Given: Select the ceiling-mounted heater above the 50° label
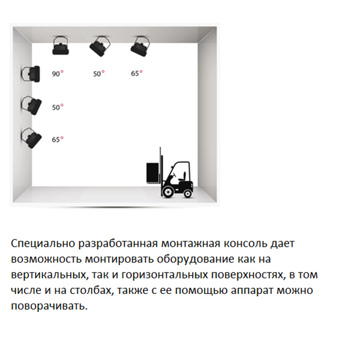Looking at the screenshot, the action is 100,46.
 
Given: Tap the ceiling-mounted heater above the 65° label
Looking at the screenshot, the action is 140,46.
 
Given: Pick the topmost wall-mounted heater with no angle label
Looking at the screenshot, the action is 31,74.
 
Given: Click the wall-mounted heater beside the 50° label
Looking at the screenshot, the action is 31,106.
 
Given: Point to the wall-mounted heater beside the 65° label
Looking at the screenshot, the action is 31,138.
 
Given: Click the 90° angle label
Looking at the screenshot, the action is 58,73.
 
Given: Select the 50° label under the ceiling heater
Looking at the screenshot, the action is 99,73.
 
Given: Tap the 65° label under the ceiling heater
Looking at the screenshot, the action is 137,73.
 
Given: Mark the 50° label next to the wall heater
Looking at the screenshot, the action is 58,107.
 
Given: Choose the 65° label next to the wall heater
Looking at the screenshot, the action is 58,139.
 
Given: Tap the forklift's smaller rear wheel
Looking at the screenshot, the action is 188,194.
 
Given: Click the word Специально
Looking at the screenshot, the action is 43,244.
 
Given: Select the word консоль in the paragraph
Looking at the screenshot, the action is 245,244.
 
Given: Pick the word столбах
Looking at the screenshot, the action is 92,290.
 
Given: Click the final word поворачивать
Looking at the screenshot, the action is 49,306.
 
